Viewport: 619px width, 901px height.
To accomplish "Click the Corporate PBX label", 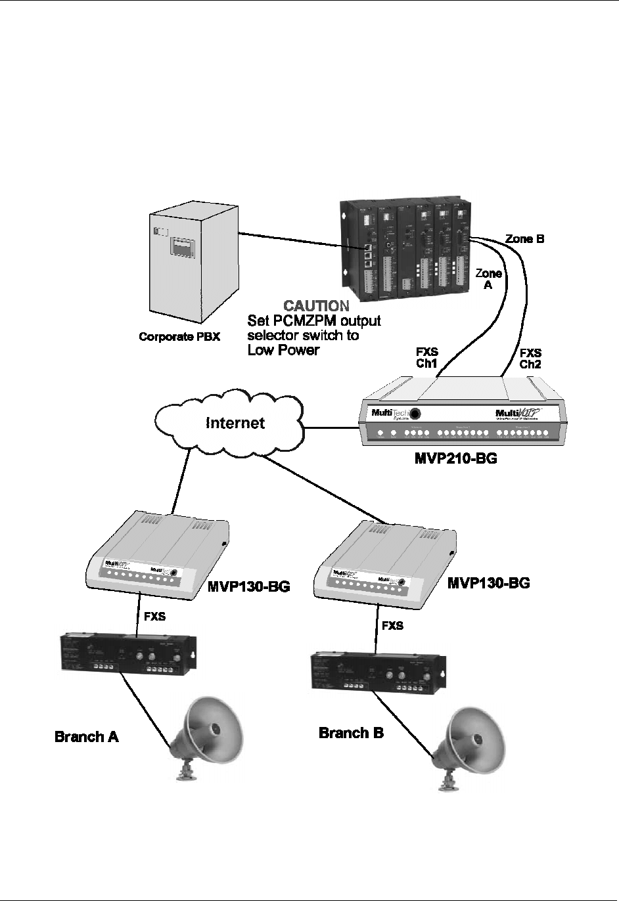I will pyautogui.click(x=179, y=337).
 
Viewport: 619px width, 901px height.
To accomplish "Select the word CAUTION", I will pyautogui.click(x=315, y=307).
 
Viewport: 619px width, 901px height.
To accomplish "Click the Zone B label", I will pyautogui.click(x=524, y=240).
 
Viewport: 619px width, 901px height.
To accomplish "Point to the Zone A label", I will pyautogui.click(x=489, y=279).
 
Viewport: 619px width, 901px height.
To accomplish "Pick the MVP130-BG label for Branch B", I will pyautogui.click(x=488, y=582).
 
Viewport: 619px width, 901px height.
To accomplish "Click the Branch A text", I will pyautogui.click(x=87, y=736).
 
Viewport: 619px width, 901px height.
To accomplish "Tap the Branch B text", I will pyautogui.click(x=351, y=732).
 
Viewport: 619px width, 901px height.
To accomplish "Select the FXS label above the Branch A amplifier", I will pyautogui.click(x=155, y=617).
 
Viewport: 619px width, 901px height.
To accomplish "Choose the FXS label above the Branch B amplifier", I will pyautogui.click(x=392, y=626).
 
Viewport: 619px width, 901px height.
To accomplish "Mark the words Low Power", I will pyautogui.click(x=283, y=350).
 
